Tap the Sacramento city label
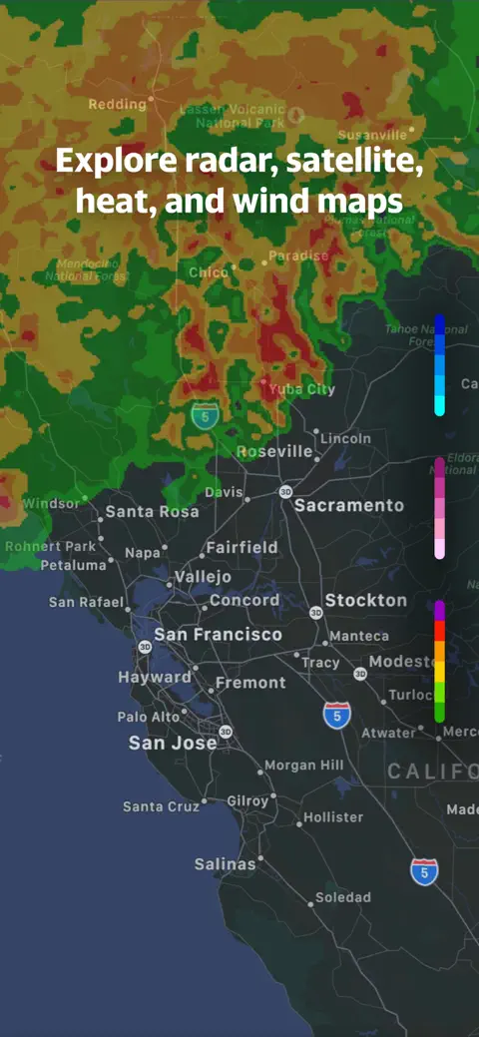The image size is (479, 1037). coord(348,505)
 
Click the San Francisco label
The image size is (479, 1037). coord(218,635)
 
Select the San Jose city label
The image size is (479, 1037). coord(173,744)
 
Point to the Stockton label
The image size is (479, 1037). coord(365,601)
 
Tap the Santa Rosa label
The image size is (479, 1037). coord(152,512)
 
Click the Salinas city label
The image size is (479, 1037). coord(225,864)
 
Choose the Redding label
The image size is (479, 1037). coord(118,104)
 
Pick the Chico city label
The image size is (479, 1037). coord(208,272)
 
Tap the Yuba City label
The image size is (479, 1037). coord(302,389)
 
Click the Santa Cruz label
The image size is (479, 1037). coord(161,806)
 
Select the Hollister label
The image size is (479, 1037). coord(333,817)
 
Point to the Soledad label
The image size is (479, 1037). coord(342,897)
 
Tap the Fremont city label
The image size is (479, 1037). coord(250,684)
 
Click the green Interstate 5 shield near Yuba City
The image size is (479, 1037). coord(205,417)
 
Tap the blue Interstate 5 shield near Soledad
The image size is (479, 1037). coord(425,871)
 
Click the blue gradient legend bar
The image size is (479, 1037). coord(439,365)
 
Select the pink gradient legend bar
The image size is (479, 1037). coord(439,508)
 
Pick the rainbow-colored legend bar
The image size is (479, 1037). coord(439,661)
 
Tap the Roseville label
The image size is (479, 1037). coord(274,451)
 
